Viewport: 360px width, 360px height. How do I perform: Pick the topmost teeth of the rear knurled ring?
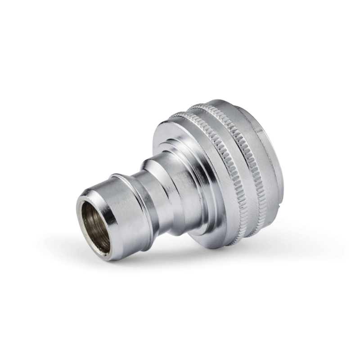(216, 108)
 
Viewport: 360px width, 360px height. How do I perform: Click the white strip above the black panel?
(180, 22)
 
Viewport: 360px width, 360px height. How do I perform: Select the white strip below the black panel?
(180, 337)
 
